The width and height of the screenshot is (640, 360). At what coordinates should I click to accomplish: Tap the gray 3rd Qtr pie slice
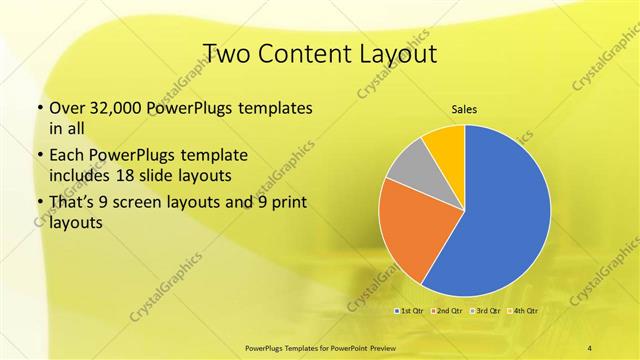408,166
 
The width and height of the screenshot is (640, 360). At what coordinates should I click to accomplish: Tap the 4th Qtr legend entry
523,311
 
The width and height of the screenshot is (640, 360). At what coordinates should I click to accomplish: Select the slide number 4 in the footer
590,347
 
